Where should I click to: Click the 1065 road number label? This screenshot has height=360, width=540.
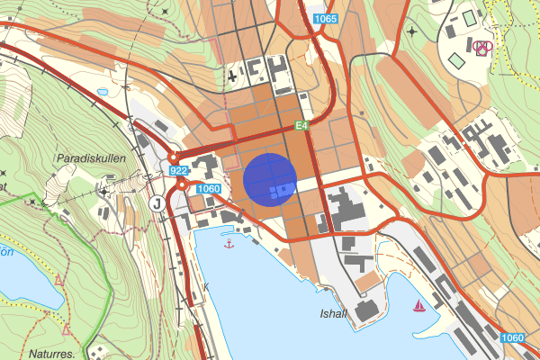(x=326, y=19)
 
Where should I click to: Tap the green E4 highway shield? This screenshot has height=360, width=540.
(x=302, y=126)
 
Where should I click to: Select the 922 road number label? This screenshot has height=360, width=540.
(x=177, y=171)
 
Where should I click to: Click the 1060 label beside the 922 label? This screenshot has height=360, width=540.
(x=208, y=188)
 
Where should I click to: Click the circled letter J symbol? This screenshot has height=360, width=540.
(x=157, y=202)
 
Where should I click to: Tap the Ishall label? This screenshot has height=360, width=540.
(x=333, y=315)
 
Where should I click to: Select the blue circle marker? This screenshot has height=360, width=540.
(x=270, y=180)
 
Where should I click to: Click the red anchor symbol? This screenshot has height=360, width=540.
(x=229, y=243)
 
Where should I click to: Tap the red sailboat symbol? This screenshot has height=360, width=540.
(x=418, y=307)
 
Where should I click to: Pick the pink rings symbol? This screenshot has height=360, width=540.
(x=483, y=48)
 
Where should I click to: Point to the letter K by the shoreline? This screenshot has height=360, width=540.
(x=205, y=287)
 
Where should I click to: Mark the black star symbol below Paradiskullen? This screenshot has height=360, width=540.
(x=105, y=191)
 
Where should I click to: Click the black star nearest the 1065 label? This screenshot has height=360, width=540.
(x=411, y=31)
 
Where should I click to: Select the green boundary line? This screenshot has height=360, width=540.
(x=109, y=270)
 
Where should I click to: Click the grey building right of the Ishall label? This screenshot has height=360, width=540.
(x=366, y=311)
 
